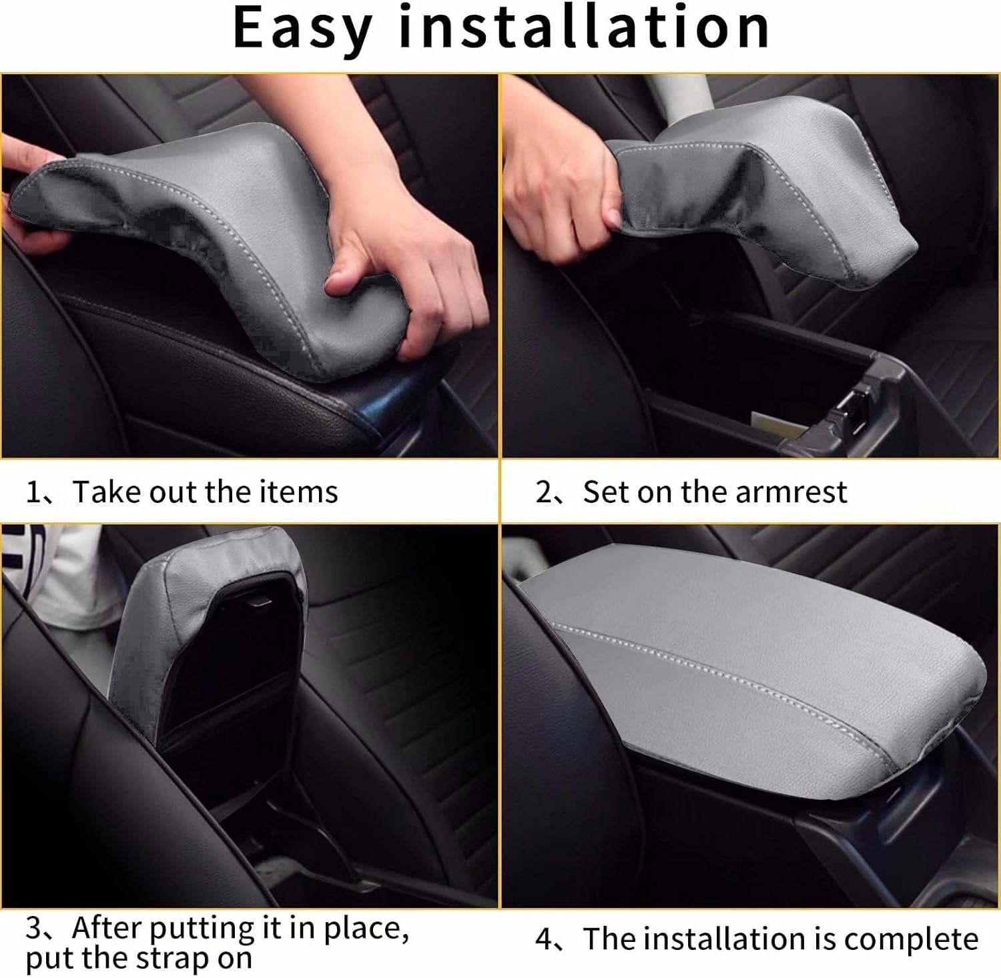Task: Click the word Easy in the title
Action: pos(302,29)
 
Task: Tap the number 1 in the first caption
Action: pos(33,492)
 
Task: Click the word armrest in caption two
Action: pos(791,493)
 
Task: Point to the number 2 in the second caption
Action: pos(544,493)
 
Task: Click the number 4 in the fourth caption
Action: pos(545,939)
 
